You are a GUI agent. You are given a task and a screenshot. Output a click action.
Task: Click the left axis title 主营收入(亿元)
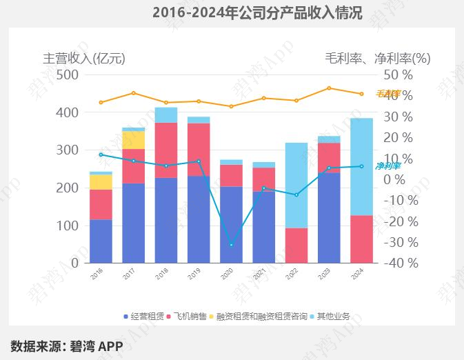pyautogui.click(x=84, y=58)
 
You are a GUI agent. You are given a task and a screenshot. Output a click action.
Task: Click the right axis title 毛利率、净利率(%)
pyautogui.click(x=377, y=58)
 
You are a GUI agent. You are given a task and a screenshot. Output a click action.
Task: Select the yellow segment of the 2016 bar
pyautogui.click(x=101, y=181)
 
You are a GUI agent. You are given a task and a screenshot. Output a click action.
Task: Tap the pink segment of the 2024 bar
pyautogui.click(x=361, y=239)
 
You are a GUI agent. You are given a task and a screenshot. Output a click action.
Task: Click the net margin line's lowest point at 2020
pyautogui.click(x=231, y=245)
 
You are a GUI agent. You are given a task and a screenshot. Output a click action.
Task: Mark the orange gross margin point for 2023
pyautogui.click(x=329, y=88)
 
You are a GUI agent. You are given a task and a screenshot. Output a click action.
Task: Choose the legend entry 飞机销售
pyautogui.click(x=190, y=317)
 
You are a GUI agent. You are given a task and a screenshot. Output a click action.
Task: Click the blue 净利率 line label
pyautogui.click(x=387, y=166)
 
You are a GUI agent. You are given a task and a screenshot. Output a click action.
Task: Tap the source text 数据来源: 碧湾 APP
pyautogui.click(x=66, y=346)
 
